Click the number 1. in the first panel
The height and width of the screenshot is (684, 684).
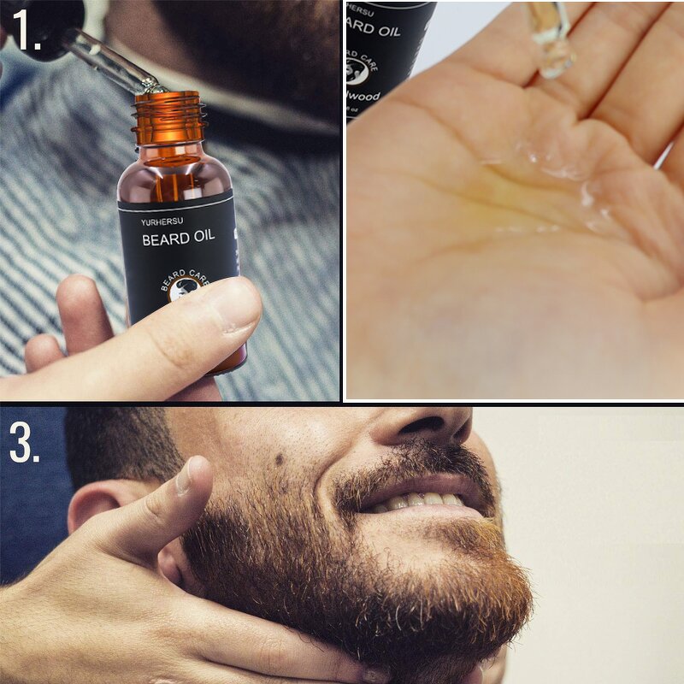pyautogui.click(x=27, y=32)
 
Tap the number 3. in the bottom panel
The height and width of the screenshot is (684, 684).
pyautogui.click(x=24, y=442)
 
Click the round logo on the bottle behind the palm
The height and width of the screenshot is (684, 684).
pyautogui.click(x=357, y=72)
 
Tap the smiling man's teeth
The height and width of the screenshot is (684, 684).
pyautogui.click(x=419, y=498)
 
